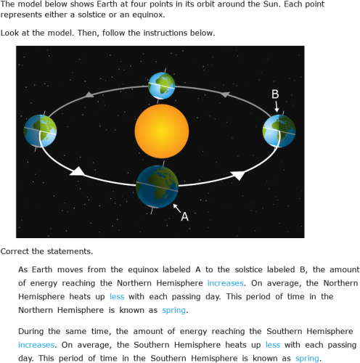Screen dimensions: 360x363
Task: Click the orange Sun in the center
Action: coord(161,131)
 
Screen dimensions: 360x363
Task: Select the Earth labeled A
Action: coord(157,186)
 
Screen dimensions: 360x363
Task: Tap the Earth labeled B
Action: coord(279,131)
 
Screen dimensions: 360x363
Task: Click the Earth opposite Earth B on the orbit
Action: coord(40,131)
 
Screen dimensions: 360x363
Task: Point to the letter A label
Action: coord(184,216)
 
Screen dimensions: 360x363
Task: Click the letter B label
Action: coord(275,94)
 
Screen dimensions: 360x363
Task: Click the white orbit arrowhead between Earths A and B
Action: coord(237,175)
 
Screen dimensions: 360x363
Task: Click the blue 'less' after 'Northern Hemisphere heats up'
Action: coord(117,296)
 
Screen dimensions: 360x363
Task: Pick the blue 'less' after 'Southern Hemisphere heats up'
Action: coord(272,345)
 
